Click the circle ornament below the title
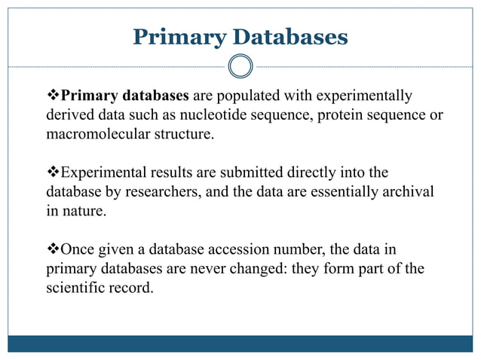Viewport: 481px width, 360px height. [x=240, y=66]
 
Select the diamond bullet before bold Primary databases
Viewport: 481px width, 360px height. [x=53, y=96]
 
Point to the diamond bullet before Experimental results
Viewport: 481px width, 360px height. [x=53, y=172]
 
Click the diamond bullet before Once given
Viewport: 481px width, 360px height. [x=53, y=249]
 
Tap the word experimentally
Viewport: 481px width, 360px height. [x=366, y=96]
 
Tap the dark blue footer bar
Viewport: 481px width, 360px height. [x=240, y=343]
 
